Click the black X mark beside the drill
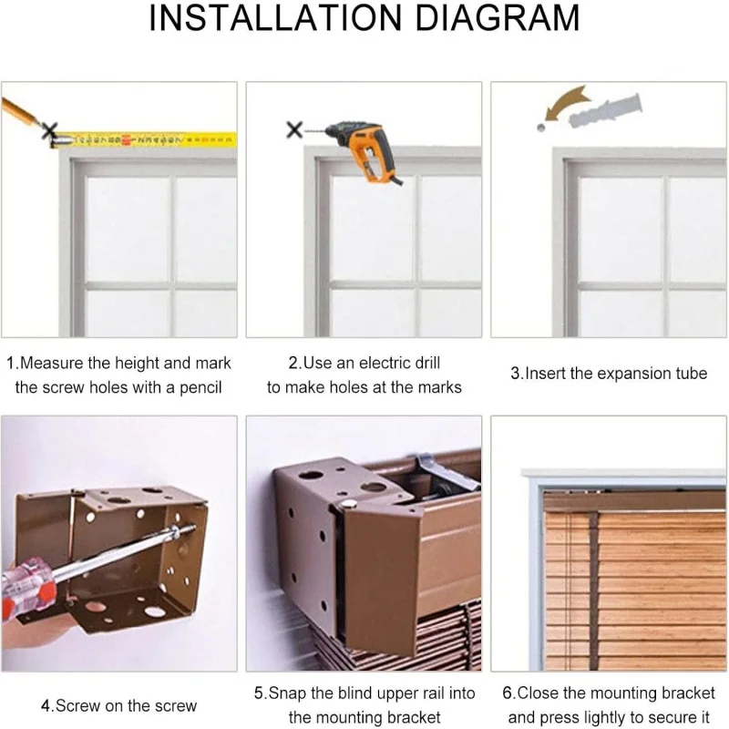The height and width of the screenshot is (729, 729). [294, 130]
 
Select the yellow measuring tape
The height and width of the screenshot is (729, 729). [155, 139]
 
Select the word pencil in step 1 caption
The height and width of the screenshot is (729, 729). [197, 387]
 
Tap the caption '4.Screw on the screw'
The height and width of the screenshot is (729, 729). [118, 705]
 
